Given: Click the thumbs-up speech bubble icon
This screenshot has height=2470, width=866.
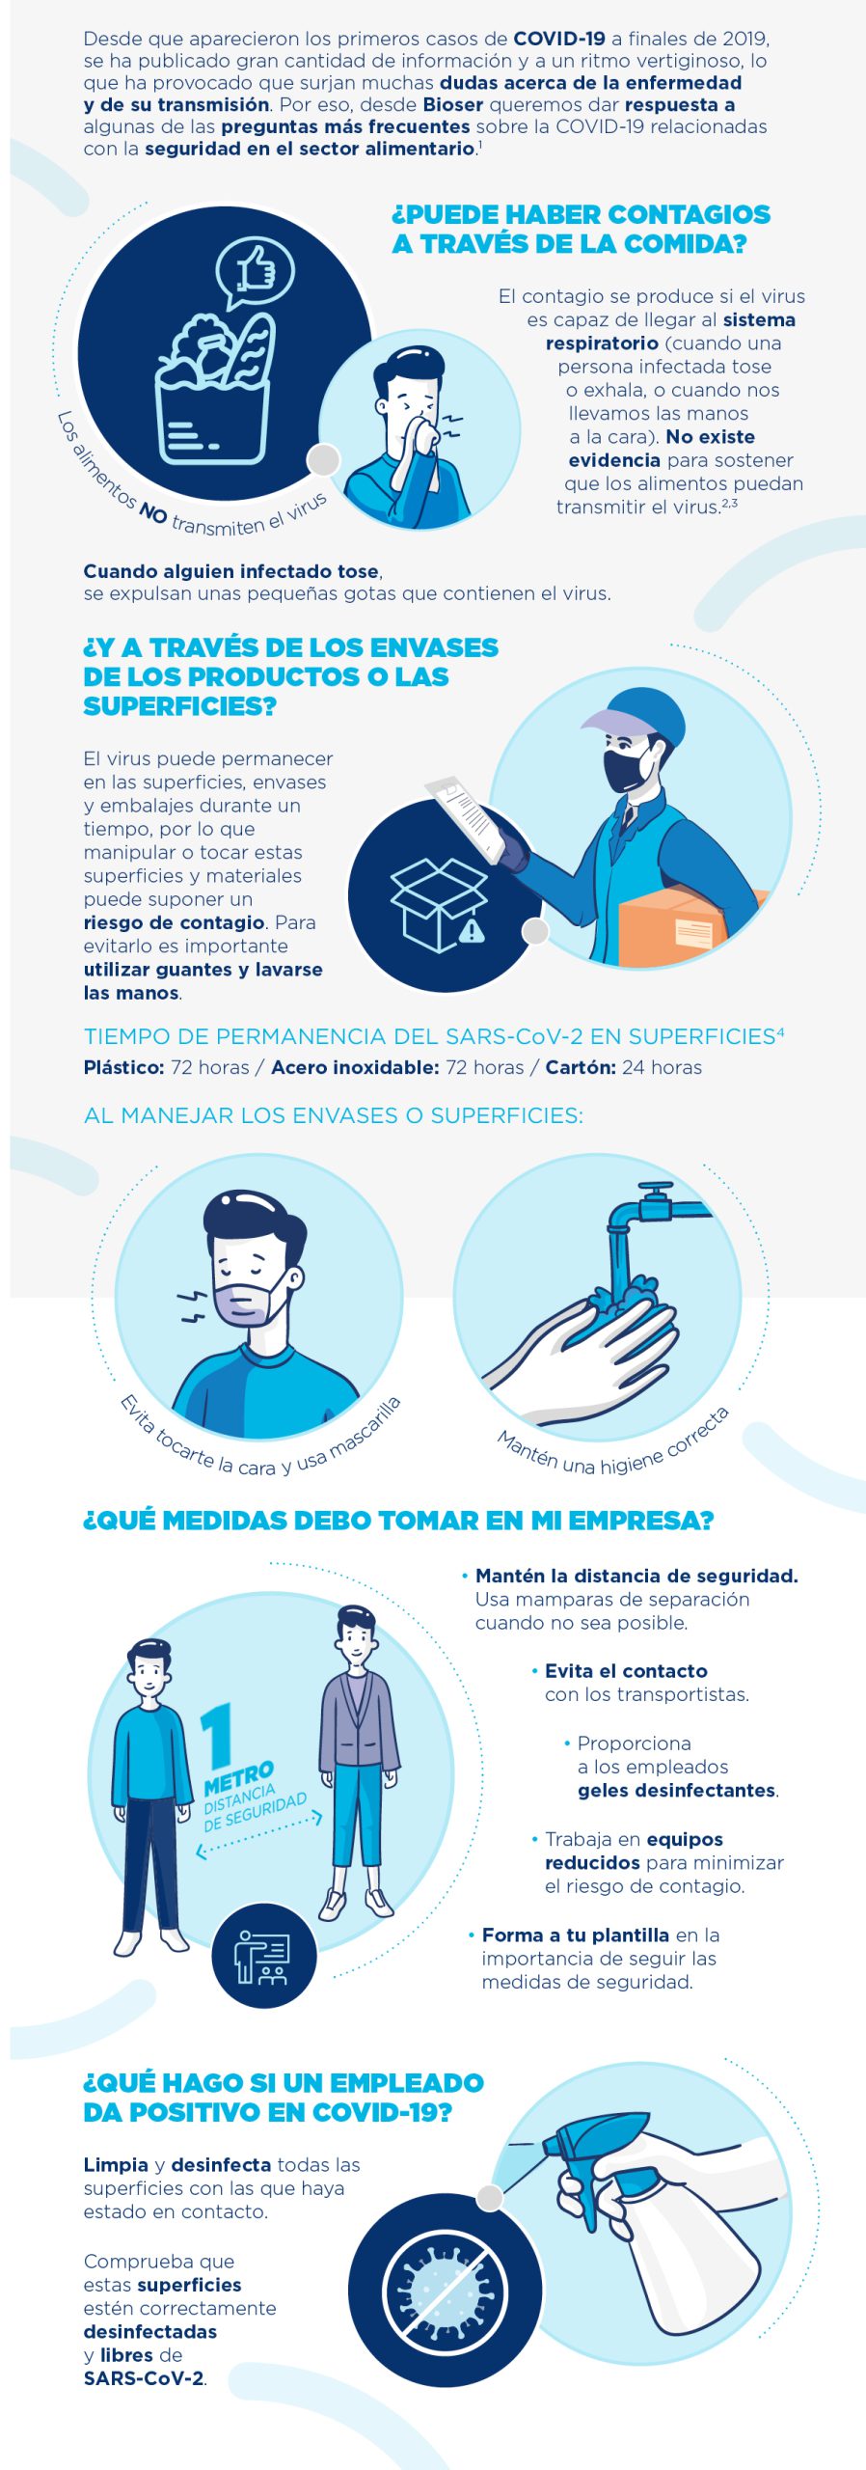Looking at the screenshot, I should coord(255,270).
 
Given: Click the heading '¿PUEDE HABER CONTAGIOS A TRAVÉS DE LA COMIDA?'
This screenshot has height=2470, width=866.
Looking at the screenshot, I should coord(581,229).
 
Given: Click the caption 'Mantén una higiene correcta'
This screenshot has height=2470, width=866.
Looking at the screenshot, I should coord(613,1447).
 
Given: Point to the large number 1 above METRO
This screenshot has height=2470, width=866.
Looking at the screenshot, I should coord(218,1735).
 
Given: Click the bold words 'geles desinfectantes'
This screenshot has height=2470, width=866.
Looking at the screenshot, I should coord(677,1791).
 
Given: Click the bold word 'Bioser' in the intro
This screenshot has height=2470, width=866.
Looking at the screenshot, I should coord(452,104).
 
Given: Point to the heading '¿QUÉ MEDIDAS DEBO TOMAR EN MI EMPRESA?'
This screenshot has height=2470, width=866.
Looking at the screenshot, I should coord(398,1521).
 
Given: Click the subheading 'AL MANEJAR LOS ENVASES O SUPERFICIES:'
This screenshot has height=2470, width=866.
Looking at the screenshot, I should coord(334,1116).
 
